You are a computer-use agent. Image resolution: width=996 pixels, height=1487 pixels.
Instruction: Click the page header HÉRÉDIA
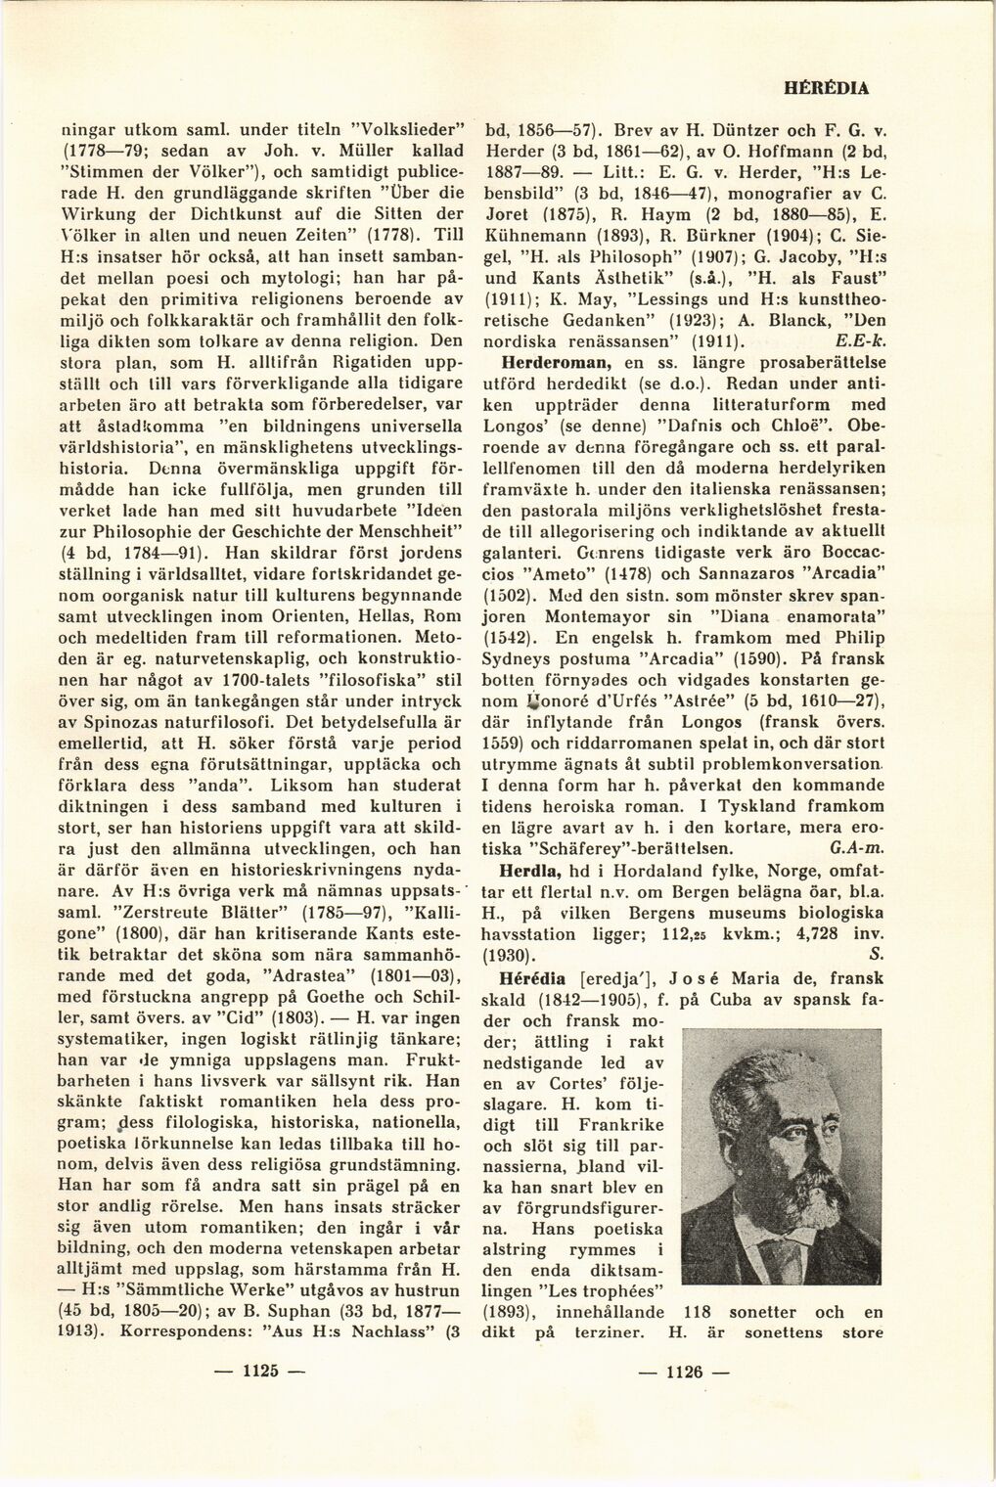click(827, 87)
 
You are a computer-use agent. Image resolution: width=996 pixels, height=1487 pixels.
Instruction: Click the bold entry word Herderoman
click(533, 362)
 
